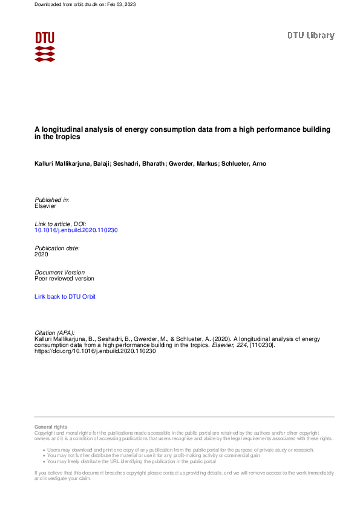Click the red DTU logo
pos(45,46)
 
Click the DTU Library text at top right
pos(310,36)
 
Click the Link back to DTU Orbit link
pos(65,297)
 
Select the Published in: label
pos(52,199)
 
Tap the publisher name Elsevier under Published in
pos(46,206)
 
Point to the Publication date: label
pos(57,248)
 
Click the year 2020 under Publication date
pos(42,254)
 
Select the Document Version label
pos(60,273)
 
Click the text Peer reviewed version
pos(64,279)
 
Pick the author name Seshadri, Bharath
pos(136,164)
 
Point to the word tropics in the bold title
pos(70,137)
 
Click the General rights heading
pos(51,427)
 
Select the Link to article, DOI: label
pos(61,224)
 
